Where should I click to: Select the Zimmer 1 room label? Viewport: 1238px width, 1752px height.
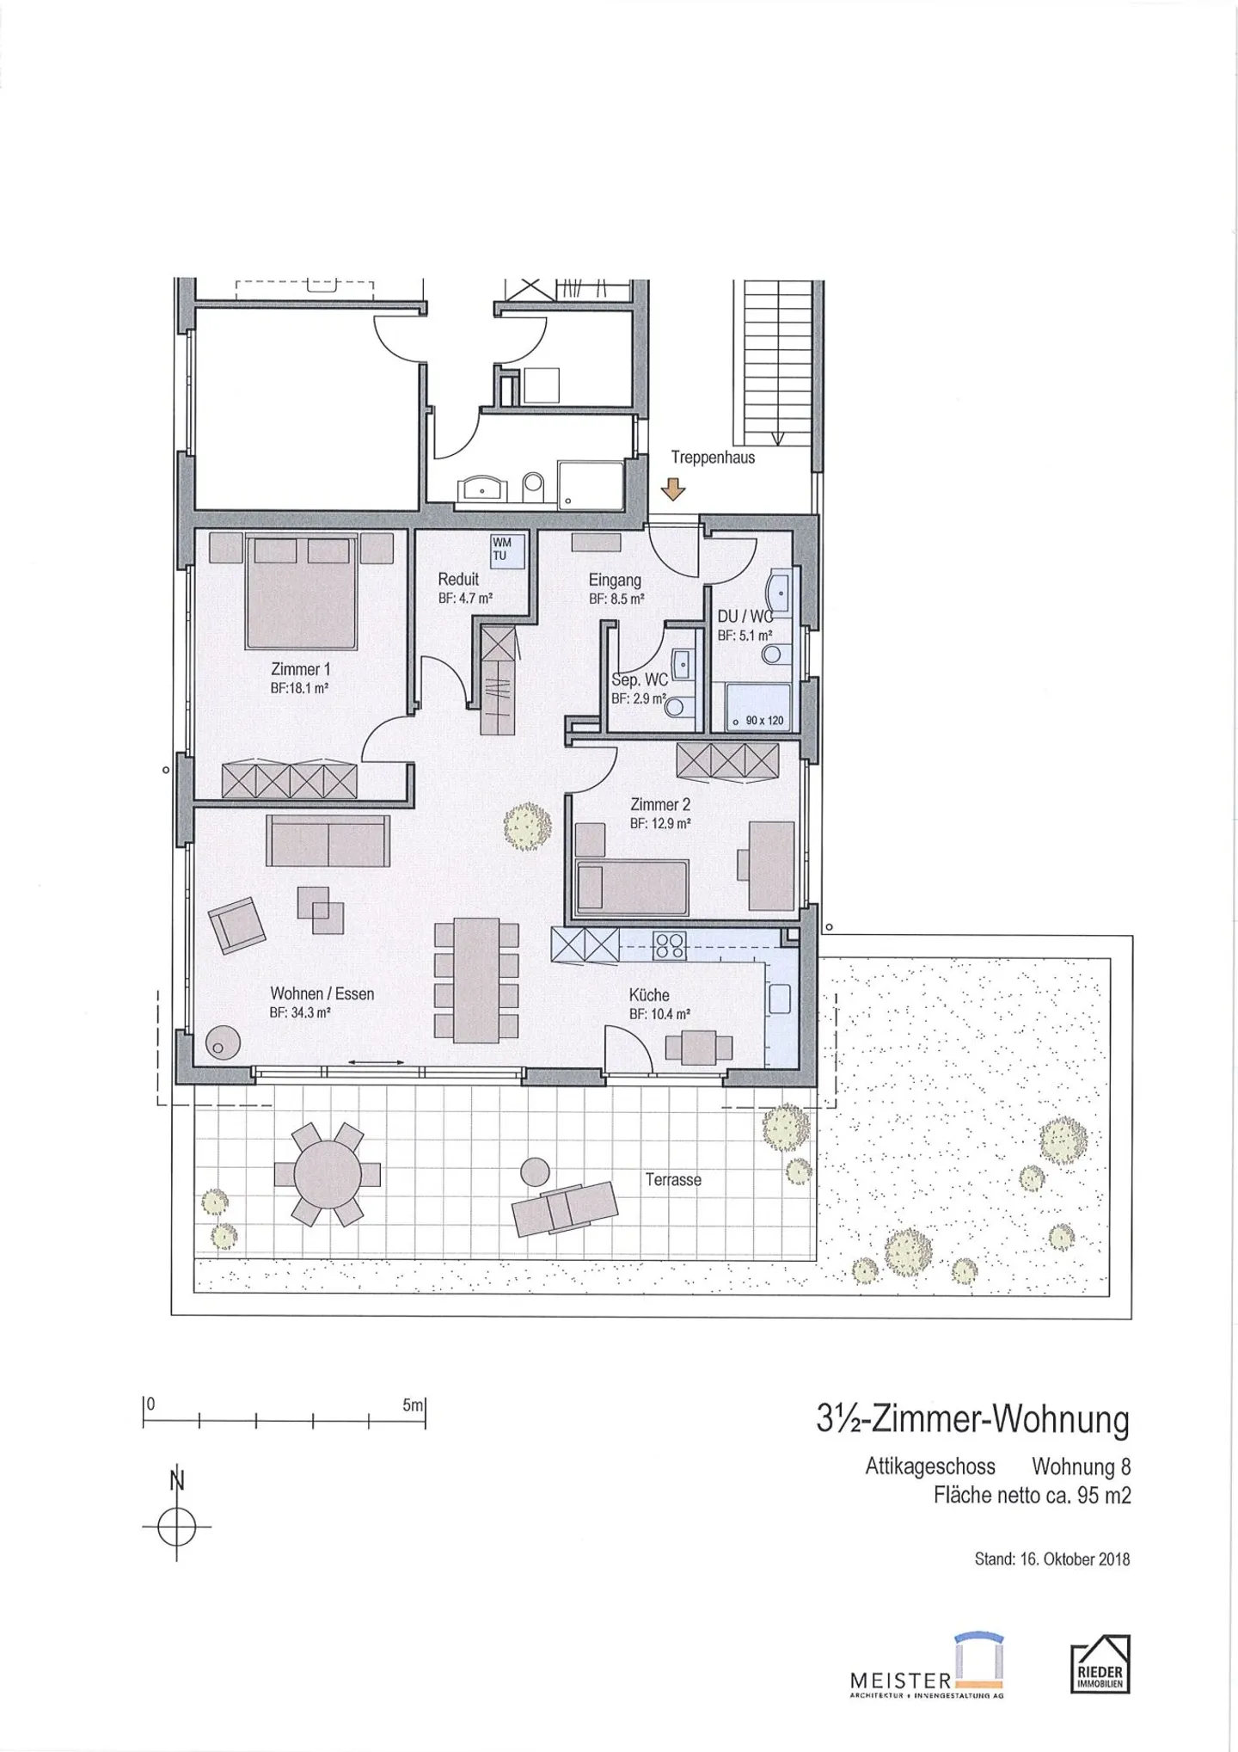[x=300, y=668]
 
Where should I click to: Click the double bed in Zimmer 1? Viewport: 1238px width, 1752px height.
[x=301, y=592]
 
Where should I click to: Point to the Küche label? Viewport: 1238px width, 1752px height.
[x=649, y=995]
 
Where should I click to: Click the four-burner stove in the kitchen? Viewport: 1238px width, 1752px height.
[x=669, y=945]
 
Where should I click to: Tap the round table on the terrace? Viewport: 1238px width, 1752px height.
[x=328, y=1174]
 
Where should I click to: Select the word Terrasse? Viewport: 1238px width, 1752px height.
[x=674, y=1180]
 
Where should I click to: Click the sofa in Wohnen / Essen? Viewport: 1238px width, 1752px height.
[x=328, y=840]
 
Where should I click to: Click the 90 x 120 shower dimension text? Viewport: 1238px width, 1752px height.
[x=764, y=720]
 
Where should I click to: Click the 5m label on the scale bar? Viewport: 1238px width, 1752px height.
[x=413, y=1405]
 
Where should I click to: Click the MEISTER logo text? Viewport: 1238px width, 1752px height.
[x=900, y=1679]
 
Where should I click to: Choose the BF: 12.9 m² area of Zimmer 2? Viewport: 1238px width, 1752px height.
[x=660, y=823]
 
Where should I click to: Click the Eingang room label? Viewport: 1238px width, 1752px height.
[x=615, y=580]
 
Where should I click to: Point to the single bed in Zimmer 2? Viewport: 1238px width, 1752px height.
[x=632, y=887]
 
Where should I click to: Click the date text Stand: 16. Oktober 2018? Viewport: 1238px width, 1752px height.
[x=1052, y=1558]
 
